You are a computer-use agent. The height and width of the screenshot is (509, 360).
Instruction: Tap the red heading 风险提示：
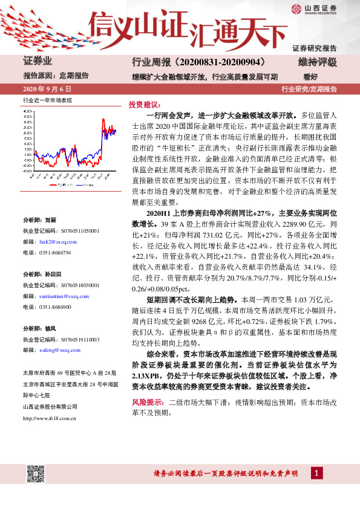click(x=148, y=402)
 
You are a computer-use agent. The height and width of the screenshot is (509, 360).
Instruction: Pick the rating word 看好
click(x=310, y=77)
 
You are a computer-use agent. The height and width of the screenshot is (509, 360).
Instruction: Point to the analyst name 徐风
click(x=50, y=328)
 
